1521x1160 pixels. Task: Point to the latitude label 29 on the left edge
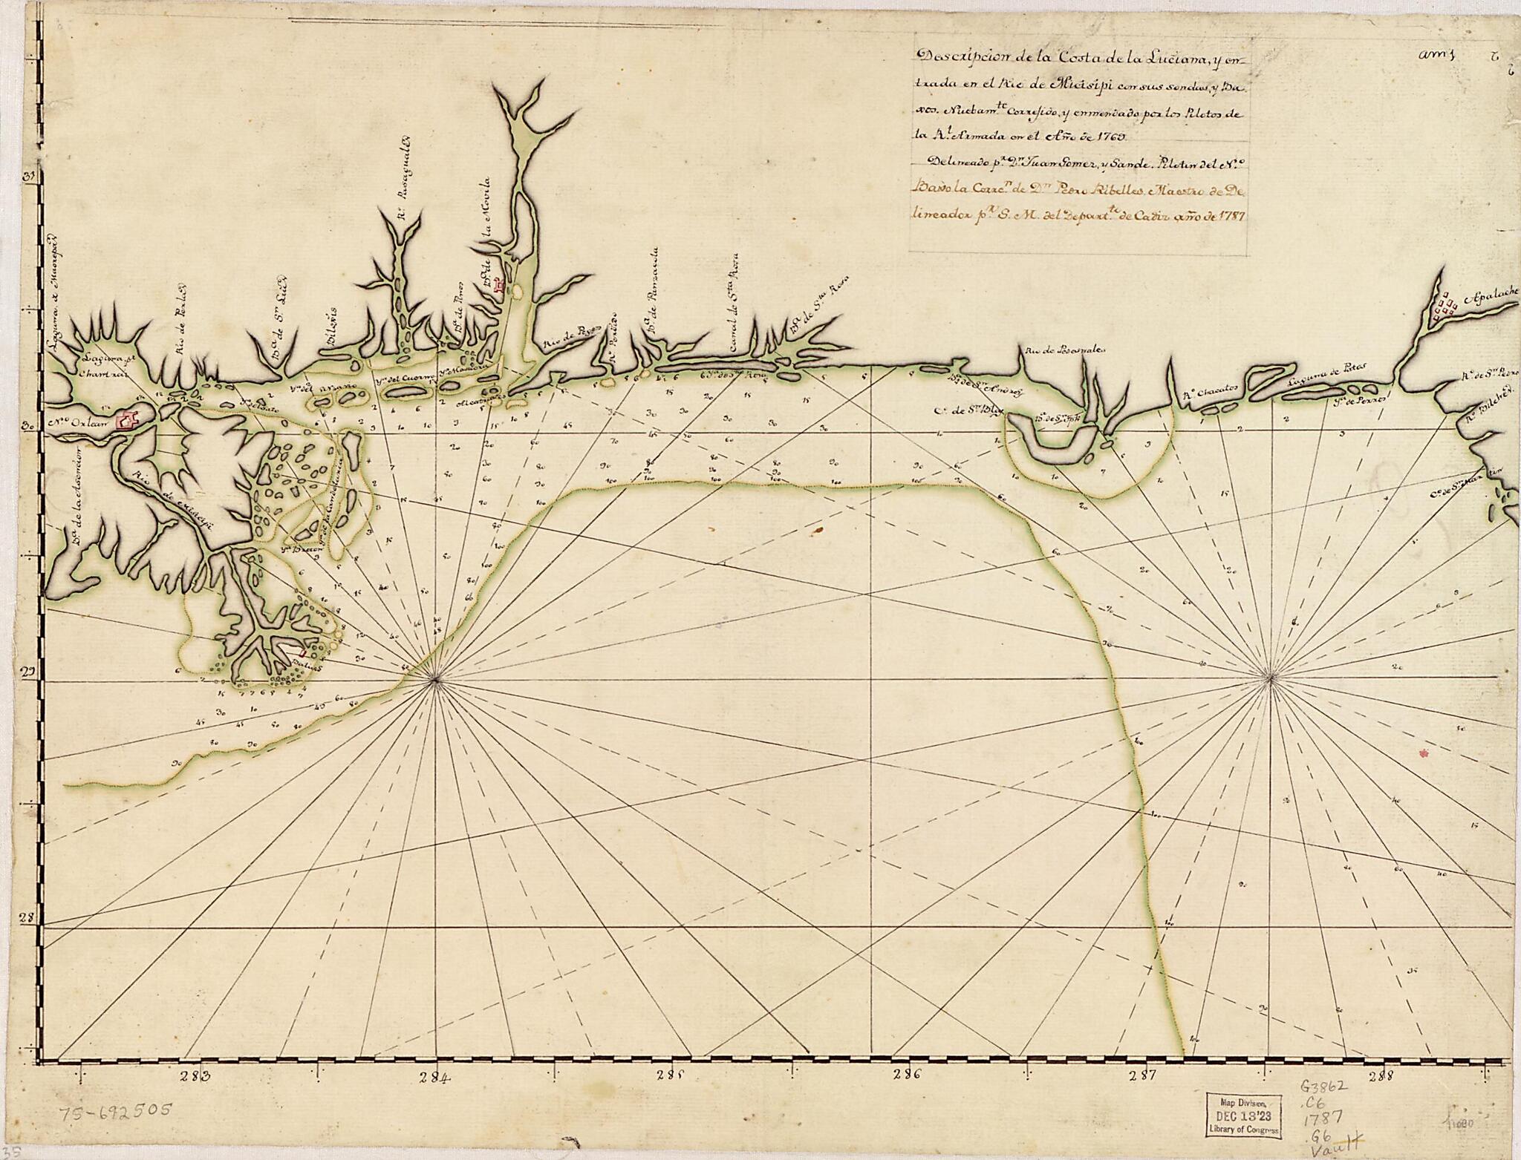pyautogui.click(x=30, y=672)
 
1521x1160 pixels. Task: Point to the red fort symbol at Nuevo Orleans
pyautogui.click(x=129, y=421)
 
